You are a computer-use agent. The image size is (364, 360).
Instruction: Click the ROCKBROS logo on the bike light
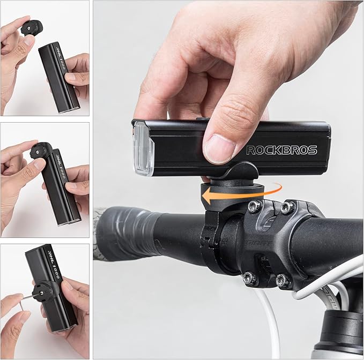tap(281, 150)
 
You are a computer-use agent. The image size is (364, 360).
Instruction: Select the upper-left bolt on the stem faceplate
tap(255, 206)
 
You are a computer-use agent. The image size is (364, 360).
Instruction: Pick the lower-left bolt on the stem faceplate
tap(249, 277)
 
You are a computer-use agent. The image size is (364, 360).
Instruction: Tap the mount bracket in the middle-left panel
tap(40, 152)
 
